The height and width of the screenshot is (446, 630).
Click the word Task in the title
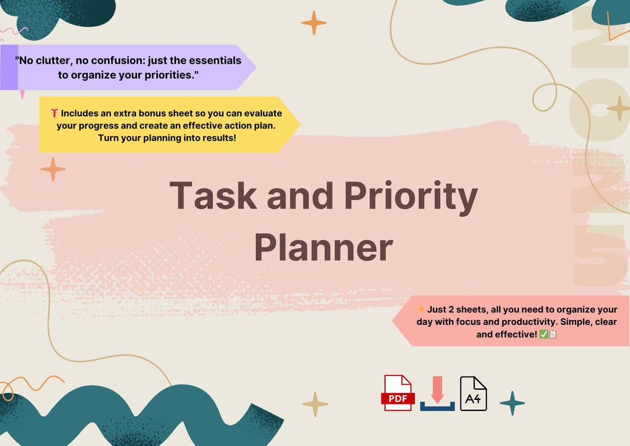pos(213,197)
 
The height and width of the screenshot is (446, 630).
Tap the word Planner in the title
pos(324,248)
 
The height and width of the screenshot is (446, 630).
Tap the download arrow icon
pos(437,393)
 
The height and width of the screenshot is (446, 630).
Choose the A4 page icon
pos(473,393)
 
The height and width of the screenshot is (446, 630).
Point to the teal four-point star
pos(512,403)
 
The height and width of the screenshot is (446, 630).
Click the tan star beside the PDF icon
pos(315,404)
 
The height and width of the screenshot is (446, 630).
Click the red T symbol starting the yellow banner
pos(54,113)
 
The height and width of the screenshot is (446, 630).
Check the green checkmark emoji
pos(543,334)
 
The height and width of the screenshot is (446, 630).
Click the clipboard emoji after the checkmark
pos(553,334)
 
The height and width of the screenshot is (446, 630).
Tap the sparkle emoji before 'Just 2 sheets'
pos(420,309)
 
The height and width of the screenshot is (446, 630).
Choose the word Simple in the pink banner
pos(563,322)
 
